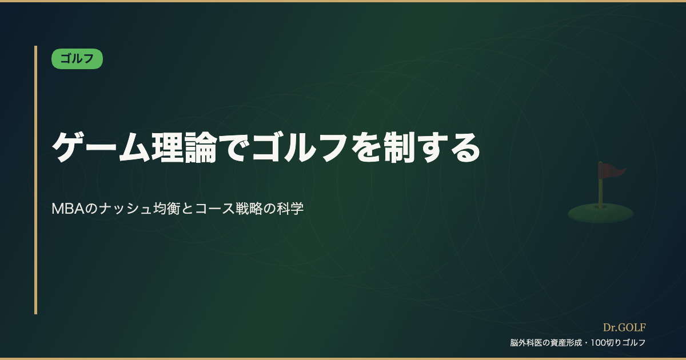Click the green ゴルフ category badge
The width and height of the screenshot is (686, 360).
click(x=77, y=58)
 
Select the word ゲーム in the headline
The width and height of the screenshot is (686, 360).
click(x=101, y=147)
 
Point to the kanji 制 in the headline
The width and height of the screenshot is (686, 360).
click(x=399, y=147)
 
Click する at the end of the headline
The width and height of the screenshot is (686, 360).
click(x=448, y=147)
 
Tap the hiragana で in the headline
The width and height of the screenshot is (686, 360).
click(x=234, y=147)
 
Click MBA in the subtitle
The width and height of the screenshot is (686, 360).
click(x=67, y=209)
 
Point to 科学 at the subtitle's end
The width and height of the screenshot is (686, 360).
click(x=290, y=209)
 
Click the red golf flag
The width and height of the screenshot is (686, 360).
click(x=611, y=170)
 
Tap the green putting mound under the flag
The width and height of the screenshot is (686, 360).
click(x=601, y=213)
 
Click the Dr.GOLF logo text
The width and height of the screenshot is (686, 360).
click(x=624, y=327)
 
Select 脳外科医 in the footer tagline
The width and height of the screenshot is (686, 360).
click(x=526, y=342)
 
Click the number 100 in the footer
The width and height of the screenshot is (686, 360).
click(x=598, y=342)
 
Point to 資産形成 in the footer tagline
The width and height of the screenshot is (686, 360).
click(x=566, y=342)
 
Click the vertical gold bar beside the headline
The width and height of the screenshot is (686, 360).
click(x=36, y=179)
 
